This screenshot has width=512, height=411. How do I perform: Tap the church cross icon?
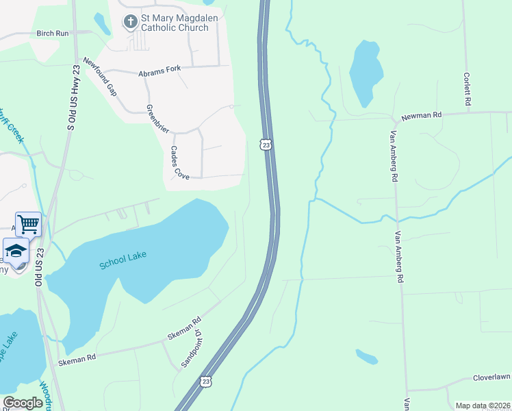pyautogui.click(x=130, y=22)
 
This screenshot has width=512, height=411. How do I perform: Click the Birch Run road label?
pyautogui.click(x=53, y=33)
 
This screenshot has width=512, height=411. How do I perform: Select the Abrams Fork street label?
pyautogui.click(x=159, y=72)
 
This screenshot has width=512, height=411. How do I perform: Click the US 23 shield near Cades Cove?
pyautogui.click(x=266, y=144)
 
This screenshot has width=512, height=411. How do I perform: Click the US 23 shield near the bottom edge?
pyautogui.click(x=205, y=382)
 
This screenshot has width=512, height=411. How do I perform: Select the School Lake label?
pyautogui.click(x=123, y=260)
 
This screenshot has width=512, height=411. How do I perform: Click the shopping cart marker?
pyautogui.click(x=28, y=224)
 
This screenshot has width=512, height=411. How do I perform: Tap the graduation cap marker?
pyautogui.click(x=16, y=251)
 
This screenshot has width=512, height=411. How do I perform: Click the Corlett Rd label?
pyautogui.click(x=468, y=89)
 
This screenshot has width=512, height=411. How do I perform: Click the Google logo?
pyautogui.click(x=23, y=403)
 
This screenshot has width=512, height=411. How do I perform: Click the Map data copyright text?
pyautogui.click(x=483, y=406)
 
